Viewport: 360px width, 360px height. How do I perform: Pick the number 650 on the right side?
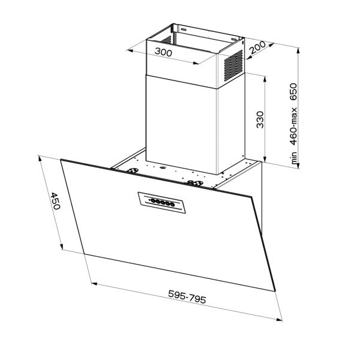pos(294,90)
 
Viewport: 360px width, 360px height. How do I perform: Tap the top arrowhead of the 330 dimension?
pos(265,77)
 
